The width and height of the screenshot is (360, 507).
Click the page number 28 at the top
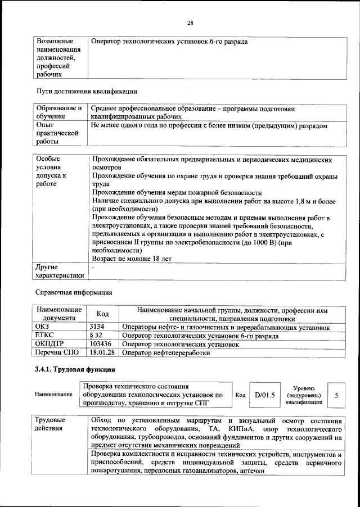tap(190, 22)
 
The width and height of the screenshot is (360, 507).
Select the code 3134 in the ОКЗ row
tap(99, 327)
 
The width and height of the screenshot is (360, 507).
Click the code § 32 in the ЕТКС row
tap(96, 335)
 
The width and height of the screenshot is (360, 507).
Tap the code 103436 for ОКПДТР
tap(101, 343)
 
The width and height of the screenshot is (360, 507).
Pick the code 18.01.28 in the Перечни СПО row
tap(102, 352)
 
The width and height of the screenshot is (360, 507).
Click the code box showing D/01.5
tap(264, 395)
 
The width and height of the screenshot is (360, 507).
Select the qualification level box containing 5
tap(336, 395)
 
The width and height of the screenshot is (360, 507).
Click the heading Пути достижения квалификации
tap(87, 91)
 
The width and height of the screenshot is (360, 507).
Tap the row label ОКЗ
tap(43, 327)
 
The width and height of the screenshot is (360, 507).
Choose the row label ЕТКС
tap(44, 335)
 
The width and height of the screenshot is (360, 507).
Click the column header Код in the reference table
tap(103, 314)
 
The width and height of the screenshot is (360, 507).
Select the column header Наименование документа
tap(58, 314)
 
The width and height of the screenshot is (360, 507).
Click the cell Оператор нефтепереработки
tap(166, 352)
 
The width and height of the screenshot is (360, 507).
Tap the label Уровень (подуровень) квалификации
tap(303, 395)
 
